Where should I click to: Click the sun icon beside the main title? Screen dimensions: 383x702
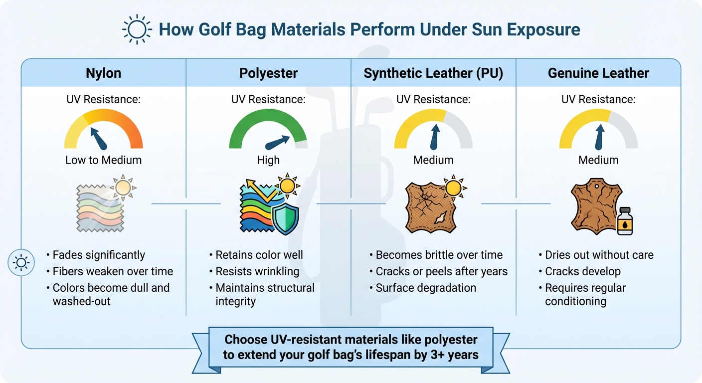136,29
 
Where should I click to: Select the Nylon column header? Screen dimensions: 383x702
104,73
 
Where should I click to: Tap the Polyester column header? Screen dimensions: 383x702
268,73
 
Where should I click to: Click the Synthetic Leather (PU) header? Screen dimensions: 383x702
433,73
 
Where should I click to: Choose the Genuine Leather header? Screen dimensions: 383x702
598,73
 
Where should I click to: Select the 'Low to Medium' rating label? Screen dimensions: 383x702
104,160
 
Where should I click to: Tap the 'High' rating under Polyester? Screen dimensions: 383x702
268,160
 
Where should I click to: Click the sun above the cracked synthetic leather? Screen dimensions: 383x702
453,188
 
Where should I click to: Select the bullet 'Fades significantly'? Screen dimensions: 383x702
99,255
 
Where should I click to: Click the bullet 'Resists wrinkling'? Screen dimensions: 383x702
257,271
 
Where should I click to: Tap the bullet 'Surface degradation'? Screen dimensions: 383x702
426,288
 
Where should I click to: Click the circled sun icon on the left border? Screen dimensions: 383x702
21,262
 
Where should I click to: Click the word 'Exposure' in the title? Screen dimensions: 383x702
543,29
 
